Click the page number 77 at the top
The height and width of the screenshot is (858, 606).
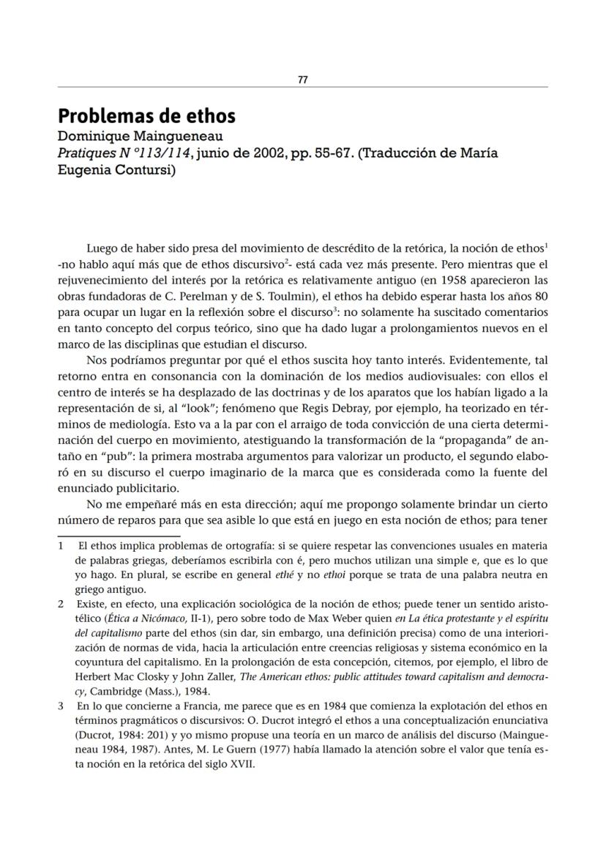[302, 80]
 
